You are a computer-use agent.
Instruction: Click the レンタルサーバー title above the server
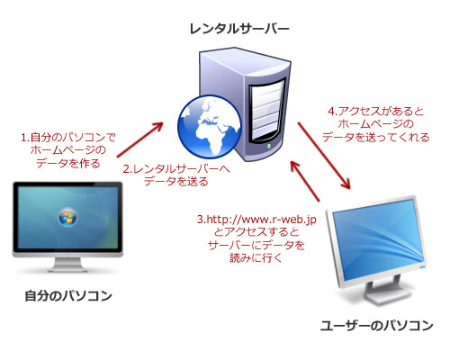(239, 29)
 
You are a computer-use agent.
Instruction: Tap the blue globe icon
(210, 127)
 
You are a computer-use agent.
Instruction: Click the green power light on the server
(269, 146)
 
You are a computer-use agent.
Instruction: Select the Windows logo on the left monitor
(67, 216)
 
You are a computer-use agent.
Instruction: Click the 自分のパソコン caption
(68, 296)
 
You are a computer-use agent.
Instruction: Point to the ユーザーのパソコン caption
(376, 326)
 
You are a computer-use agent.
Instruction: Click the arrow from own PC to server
(140, 139)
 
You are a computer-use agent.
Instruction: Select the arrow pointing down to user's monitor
(324, 156)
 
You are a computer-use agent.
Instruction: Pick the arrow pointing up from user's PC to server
(305, 181)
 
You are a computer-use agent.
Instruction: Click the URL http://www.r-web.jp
(256, 220)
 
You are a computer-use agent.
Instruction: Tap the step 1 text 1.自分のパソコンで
(68, 138)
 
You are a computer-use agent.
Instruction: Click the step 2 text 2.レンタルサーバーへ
(176, 169)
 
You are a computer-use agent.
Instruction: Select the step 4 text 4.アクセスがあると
(376, 112)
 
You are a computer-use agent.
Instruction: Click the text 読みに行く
(256, 257)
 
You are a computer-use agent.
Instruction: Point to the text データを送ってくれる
(376, 137)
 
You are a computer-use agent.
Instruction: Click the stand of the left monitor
(67, 265)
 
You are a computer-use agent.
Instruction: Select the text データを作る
(68, 164)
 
